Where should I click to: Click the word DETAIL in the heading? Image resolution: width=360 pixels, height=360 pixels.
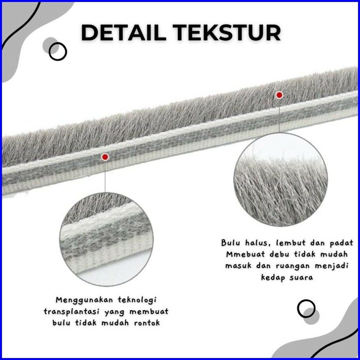[123, 33]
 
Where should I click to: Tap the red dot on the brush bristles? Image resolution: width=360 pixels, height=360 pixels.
[279, 95]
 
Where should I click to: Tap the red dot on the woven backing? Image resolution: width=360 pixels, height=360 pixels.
[105, 157]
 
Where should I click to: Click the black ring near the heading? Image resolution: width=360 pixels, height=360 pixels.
[58, 51]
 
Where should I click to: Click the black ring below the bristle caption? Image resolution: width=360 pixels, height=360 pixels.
[306, 309]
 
